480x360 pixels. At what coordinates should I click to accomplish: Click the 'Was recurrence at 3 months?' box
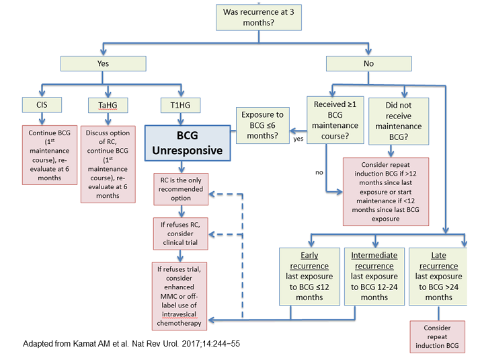coord(259,17)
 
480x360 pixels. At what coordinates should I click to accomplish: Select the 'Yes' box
coord(103,64)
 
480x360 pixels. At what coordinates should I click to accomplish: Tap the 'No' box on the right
coord(368,64)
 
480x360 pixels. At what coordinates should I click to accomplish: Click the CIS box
coord(42,105)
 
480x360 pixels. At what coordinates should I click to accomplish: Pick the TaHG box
coord(108,106)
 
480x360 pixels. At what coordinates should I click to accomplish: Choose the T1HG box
coord(181,106)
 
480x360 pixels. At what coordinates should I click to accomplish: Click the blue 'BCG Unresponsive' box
coord(188,143)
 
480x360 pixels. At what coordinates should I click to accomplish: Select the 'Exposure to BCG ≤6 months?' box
coord(263,125)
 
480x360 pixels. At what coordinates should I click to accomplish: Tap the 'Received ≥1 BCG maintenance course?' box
coord(335,120)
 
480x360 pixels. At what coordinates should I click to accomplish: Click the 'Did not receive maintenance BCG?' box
coord(399,121)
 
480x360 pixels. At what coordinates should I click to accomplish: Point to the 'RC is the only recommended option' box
coord(181,189)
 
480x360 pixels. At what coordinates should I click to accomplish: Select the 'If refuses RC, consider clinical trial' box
coord(181,233)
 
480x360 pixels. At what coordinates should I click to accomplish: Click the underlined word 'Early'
coord(309,256)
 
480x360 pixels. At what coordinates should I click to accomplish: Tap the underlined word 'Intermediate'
coord(374,256)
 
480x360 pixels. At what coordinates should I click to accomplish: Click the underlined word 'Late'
coord(439,256)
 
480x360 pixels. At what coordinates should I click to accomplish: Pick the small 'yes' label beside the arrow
coord(298,139)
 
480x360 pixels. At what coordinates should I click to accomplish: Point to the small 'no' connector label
coord(319,172)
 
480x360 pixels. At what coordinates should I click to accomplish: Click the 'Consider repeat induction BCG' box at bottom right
coord(438,336)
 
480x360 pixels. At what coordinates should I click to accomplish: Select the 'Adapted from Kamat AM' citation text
coord(131,344)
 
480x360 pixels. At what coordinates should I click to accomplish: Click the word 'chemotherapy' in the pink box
coord(179,323)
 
